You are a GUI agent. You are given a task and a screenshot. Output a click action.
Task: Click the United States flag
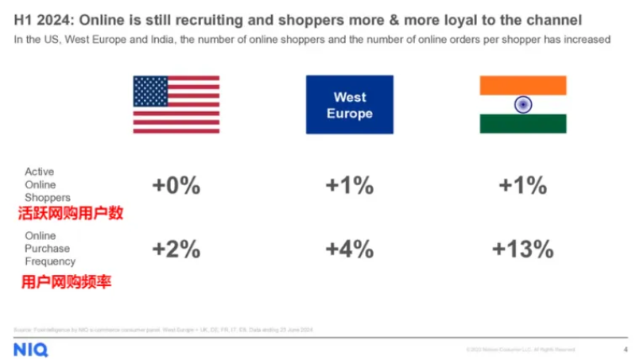tap(176, 104)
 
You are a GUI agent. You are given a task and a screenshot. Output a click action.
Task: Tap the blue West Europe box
tap(350, 104)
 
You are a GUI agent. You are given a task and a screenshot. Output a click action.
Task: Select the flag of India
tap(522, 104)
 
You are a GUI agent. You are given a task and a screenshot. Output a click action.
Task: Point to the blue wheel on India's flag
tap(522, 104)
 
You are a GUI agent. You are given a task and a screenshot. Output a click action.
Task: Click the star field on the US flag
tap(150, 91)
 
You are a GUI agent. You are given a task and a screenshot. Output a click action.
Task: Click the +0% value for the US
tap(176, 186)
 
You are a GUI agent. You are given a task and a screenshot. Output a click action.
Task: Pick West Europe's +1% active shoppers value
tap(350, 186)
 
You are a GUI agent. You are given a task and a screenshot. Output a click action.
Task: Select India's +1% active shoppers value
tap(522, 186)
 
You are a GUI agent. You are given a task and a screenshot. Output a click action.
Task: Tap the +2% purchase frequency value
tap(176, 249)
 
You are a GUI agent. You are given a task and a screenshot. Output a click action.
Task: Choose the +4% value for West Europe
tap(350, 249)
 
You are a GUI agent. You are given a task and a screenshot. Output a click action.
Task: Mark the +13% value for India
tap(522, 249)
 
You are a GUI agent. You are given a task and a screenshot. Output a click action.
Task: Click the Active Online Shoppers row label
tap(48, 184)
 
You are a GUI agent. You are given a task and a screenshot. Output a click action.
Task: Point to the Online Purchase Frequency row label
tap(50, 249)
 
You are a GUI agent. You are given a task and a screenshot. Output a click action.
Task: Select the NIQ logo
tap(31, 350)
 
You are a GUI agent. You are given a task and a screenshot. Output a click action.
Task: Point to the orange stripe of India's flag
tap(522, 85)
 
